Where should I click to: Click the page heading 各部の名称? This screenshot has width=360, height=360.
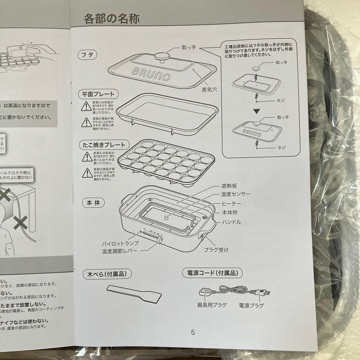pos(112,18)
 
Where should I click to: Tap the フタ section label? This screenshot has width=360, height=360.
pos(87,55)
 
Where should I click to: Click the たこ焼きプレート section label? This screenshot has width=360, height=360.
pos(103,145)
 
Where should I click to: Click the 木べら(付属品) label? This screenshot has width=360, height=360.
pos(107,274)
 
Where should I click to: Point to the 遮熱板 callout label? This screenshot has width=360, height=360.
pos(229,186)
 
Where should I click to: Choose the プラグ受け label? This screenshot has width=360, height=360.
pos(216,249)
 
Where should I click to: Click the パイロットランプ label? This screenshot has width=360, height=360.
pos(119,244)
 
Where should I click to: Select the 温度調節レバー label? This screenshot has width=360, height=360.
pos(119,251)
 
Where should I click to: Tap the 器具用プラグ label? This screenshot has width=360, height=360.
pos(212,305)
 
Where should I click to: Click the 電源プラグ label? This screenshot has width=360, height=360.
pos(251,305)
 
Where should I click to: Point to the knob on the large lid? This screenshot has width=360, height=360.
pos(162,57)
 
